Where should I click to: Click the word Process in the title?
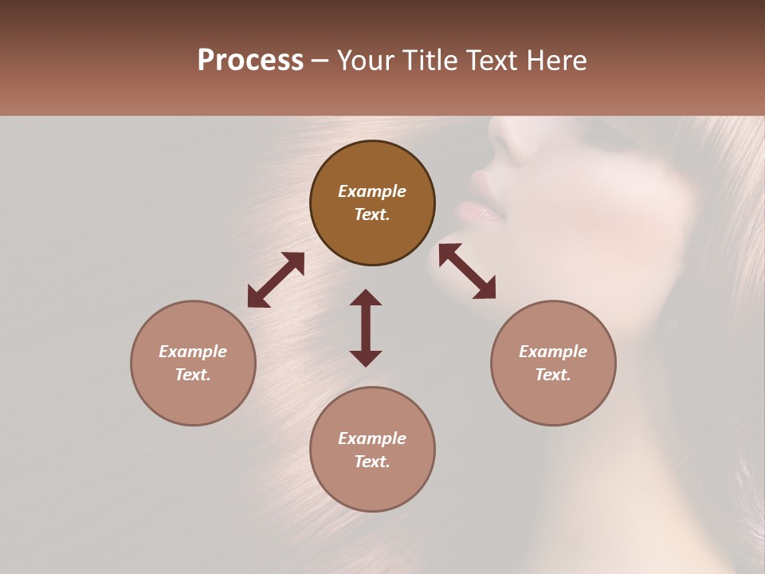250,61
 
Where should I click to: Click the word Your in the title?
367,61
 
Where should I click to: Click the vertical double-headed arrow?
366,328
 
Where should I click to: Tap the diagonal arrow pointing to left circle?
276,280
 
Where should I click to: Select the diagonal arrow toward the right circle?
468,271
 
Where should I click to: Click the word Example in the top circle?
372,191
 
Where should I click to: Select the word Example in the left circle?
193,352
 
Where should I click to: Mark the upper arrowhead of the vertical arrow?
366,297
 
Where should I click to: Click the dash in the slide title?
320,61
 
